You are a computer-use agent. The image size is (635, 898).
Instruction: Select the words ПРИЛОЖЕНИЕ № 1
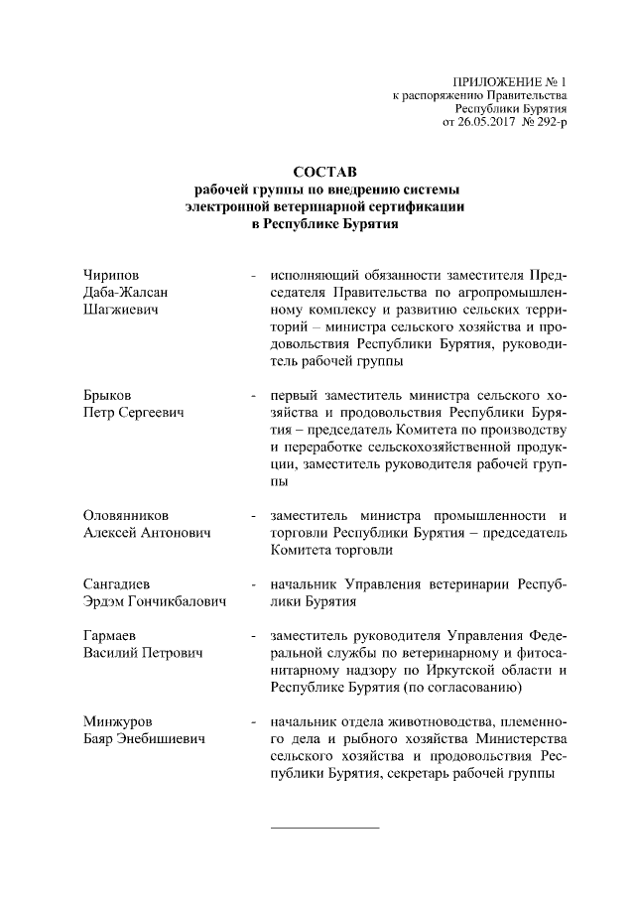pos(510,78)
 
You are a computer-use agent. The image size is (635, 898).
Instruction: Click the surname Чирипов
pos(111,274)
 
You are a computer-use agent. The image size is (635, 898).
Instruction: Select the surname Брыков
pos(108,395)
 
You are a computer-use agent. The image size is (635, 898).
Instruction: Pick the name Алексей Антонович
pos(148,534)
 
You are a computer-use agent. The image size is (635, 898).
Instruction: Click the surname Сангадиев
pos(117,583)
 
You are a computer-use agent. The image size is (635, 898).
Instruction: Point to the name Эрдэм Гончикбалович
pos(156,601)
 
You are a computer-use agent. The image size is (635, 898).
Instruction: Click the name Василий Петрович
pos(143,653)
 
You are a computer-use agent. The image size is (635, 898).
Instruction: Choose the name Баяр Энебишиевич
pos(144,738)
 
